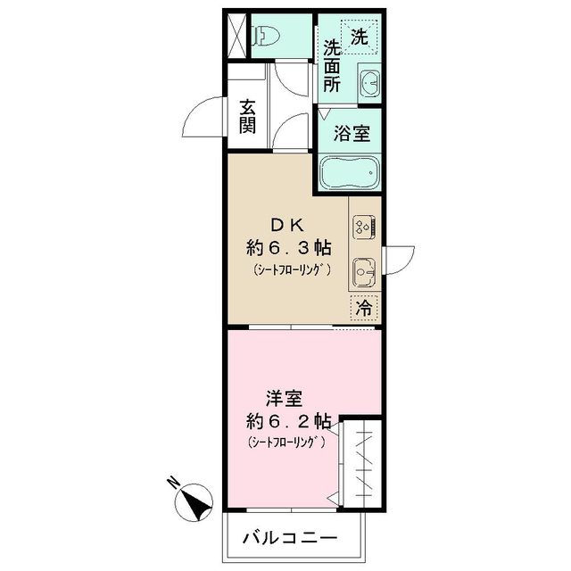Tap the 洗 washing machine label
(358, 37)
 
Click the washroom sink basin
(368, 85)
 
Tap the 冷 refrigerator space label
(364, 309)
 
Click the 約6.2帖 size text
(289, 419)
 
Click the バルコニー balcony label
(290, 539)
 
